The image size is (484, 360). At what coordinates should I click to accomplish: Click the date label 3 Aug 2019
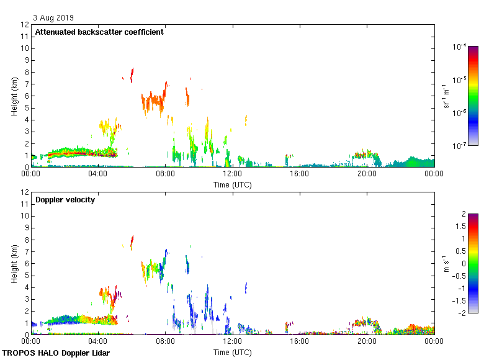click(53, 18)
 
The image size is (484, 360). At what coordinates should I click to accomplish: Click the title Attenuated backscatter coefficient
click(99, 32)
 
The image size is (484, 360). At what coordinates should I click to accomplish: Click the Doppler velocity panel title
click(65, 200)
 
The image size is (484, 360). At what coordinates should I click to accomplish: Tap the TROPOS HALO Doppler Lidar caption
click(60, 354)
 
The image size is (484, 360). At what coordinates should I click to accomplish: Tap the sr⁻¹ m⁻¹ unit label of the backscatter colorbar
click(446, 96)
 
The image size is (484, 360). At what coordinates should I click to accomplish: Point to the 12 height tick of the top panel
click(25, 25)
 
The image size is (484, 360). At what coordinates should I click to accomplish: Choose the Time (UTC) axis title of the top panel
click(233, 184)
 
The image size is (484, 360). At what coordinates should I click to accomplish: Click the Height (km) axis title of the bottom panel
click(14, 263)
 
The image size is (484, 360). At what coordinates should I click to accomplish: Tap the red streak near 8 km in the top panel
click(132, 74)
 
